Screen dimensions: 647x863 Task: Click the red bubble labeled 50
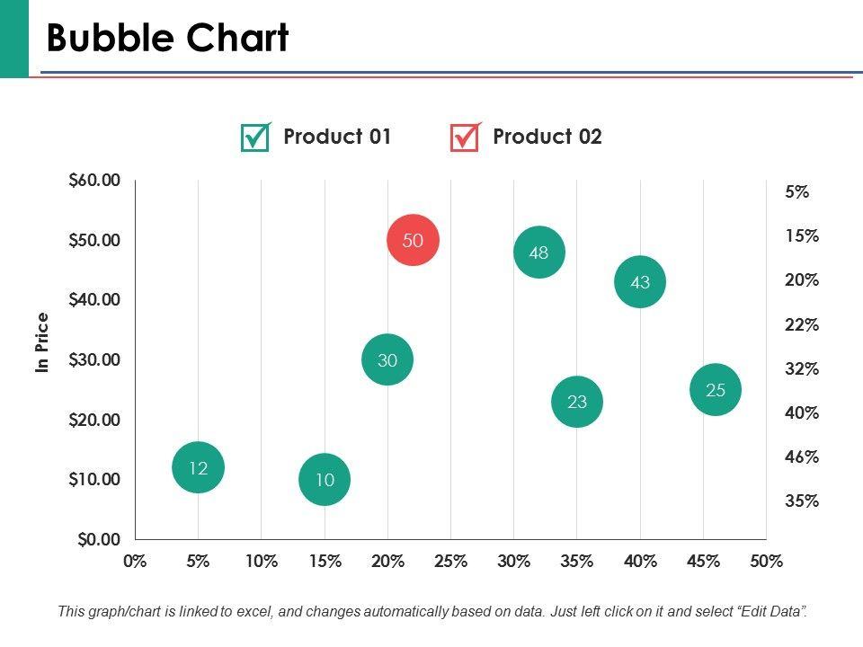pyautogui.click(x=413, y=240)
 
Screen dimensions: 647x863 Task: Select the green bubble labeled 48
pyautogui.click(x=538, y=253)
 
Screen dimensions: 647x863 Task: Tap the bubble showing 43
pyautogui.click(x=640, y=282)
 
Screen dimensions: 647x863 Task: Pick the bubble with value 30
pyautogui.click(x=387, y=360)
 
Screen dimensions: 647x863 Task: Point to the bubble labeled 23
pyautogui.click(x=577, y=402)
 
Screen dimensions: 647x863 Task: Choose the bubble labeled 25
pyautogui.click(x=716, y=390)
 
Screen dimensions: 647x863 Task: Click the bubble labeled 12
pyautogui.click(x=198, y=467)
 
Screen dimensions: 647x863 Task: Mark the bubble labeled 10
pyautogui.click(x=325, y=480)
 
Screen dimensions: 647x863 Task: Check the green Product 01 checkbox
pyautogui.click(x=255, y=137)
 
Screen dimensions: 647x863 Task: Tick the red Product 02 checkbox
pyautogui.click(x=465, y=137)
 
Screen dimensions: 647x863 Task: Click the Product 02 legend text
pyautogui.click(x=547, y=137)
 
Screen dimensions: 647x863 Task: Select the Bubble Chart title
pyautogui.click(x=167, y=38)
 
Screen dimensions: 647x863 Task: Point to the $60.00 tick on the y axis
pyautogui.click(x=94, y=180)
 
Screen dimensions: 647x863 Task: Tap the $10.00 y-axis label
pyautogui.click(x=94, y=479)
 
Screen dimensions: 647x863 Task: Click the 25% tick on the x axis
pyautogui.click(x=450, y=562)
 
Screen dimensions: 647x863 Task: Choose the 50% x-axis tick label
pyautogui.click(x=766, y=562)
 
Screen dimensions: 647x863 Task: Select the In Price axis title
pyautogui.click(x=42, y=342)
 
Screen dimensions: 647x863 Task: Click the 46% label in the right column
pyautogui.click(x=802, y=456)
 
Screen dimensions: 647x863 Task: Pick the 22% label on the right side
pyautogui.click(x=802, y=324)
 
